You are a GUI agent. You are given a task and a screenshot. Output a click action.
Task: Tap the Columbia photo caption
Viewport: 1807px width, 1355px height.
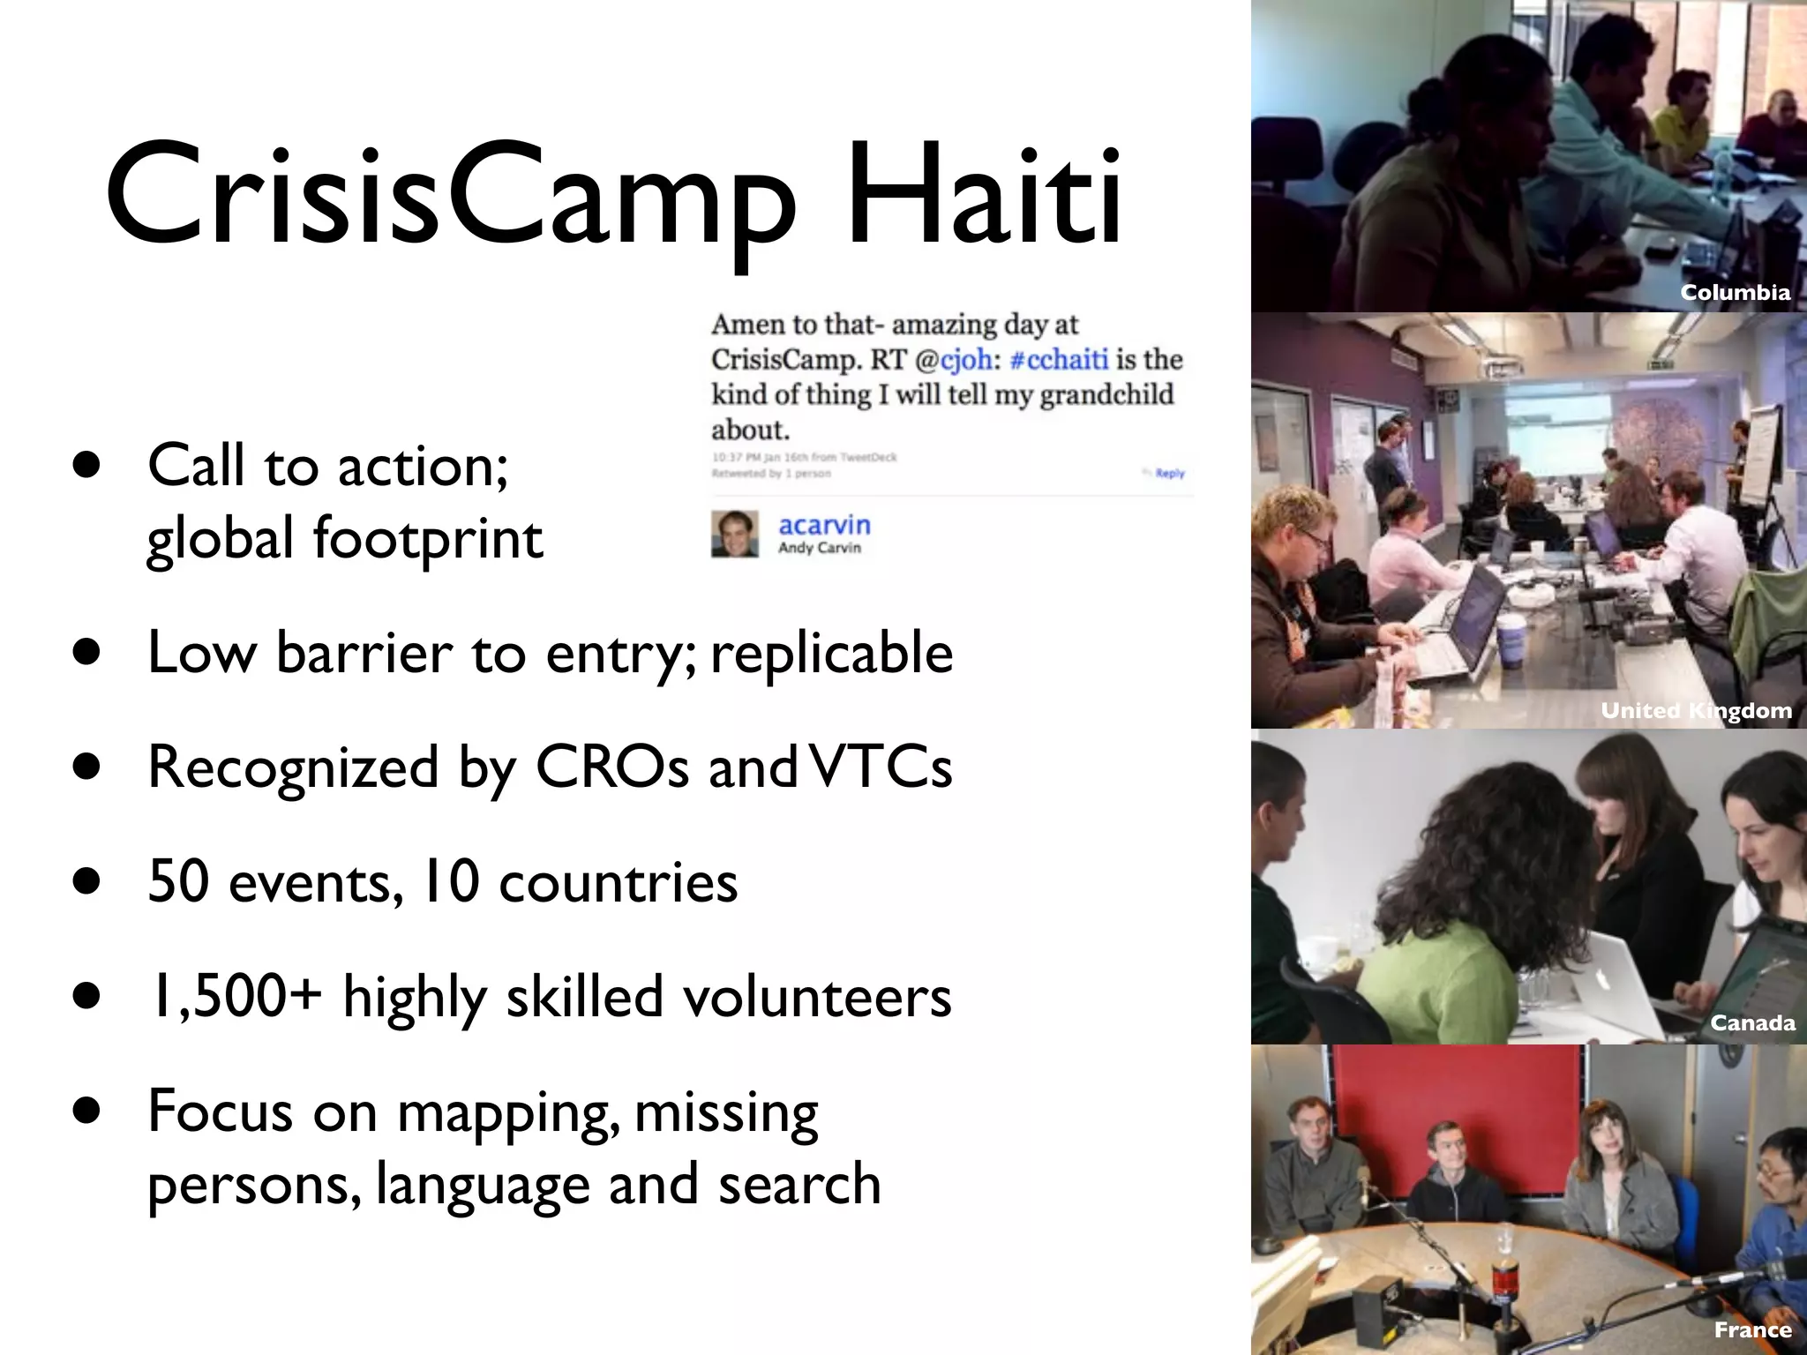point(1735,293)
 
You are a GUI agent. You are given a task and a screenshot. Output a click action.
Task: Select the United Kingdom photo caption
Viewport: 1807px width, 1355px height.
point(1696,710)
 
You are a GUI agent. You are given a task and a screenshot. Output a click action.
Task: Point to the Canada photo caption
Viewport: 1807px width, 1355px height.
point(1752,1022)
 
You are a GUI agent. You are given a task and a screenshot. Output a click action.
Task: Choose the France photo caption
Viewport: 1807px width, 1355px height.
point(1752,1329)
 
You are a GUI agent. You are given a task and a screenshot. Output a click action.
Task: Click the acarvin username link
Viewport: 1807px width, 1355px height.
point(824,526)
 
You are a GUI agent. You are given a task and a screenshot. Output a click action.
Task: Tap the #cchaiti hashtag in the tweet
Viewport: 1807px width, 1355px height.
point(1058,359)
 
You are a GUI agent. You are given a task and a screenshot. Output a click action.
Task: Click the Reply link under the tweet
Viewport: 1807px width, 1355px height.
point(1169,474)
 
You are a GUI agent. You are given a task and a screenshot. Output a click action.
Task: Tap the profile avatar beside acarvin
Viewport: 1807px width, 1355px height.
point(734,534)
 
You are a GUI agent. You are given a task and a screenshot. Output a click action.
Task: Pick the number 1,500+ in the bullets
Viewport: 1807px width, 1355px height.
point(234,997)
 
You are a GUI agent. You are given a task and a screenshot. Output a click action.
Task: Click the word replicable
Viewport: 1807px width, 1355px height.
point(831,653)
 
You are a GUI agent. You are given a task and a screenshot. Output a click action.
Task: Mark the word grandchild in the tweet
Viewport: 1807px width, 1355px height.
point(1106,394)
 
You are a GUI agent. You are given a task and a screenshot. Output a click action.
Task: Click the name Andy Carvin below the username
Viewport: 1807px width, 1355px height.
point(819,548)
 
